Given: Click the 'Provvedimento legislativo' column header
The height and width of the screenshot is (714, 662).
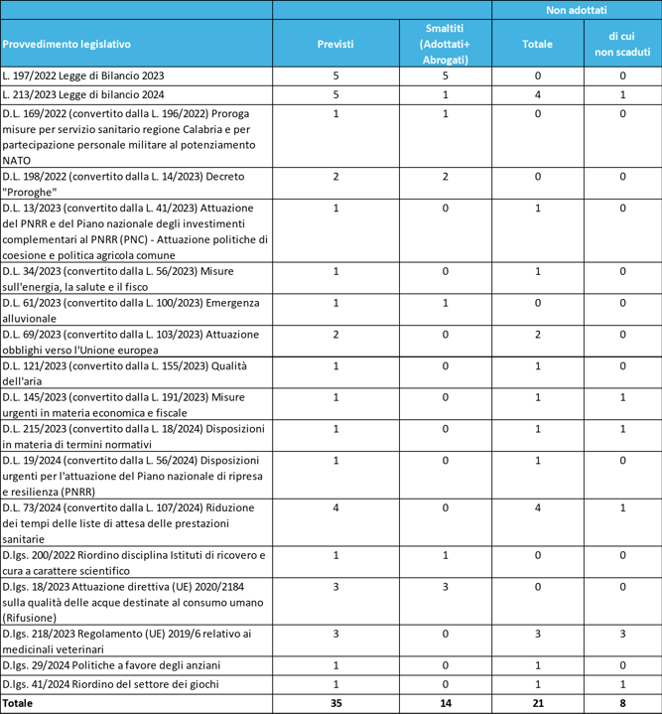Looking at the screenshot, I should pyautogui.click(x=66, y=45).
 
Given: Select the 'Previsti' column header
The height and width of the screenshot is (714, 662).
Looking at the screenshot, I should pyautogui.click(x=336, y=45).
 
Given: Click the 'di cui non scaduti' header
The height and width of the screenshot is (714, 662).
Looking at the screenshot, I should pyautogui.click(x=622, y=45).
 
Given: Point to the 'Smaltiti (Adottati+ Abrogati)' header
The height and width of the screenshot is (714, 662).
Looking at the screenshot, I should pyautogui.click(x=445, y=45).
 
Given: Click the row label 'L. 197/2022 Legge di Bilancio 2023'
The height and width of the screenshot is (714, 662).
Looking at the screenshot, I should pyautogui.click(x=83, y=75).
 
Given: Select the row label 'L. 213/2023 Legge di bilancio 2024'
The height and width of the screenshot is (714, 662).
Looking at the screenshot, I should pyautogui.click(x=83, y=94).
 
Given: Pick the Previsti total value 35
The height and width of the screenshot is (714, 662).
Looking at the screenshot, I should pyautogui.click(x=336, y=702).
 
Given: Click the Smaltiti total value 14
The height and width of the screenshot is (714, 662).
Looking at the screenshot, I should pyautogui.click(x=445, y=702).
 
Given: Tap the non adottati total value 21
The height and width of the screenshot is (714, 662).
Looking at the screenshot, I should pyautogui.click(x=538, y=702).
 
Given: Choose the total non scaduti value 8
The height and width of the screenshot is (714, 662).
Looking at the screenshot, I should pyautogui.click(x=622, y=702).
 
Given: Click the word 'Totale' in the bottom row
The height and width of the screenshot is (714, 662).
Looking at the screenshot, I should pyautogui.click(x=18, y=702).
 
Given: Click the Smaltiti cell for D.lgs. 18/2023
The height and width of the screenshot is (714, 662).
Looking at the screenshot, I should pyautogui.click(x=445, y=586).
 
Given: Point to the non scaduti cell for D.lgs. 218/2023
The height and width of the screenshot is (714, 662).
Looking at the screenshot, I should pyautogui.click(x=622, y=632).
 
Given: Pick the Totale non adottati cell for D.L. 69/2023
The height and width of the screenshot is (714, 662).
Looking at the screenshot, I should pyautogui.click(x=538, y=334).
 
